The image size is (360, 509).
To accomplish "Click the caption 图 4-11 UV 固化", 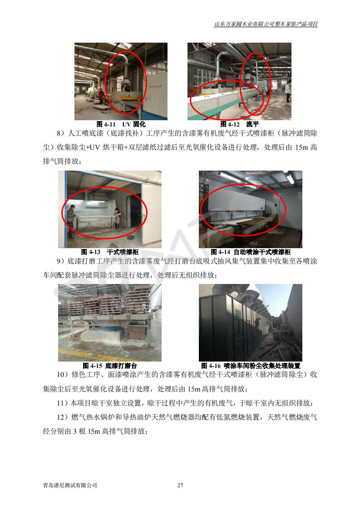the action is pyautogui.click(x=121, y=124).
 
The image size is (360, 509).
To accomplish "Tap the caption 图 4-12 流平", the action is pyautogui.click(x=239, y=124).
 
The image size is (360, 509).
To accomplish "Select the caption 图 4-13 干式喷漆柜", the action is pyautogui.click(x=110, y=252).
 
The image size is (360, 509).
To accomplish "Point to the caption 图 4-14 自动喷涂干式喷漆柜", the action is pyautogui.click(x=251, y=252).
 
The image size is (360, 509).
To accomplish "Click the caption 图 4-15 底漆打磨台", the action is pyautogui.click(x=110, y=366).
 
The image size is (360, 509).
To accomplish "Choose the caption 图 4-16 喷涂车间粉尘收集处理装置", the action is pyautogui.click(x=251, y=366).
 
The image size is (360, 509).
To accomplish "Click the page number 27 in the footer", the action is pyautogui.click(x=180, y=485).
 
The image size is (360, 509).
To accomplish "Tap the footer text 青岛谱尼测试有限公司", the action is pyautogui.click(x=70, y=485).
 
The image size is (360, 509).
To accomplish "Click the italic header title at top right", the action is pyautogui.click(x=266, y=24).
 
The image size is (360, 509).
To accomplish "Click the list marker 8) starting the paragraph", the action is pyautogui.click(x=61, y=133).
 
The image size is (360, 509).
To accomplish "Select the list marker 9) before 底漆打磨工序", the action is pyautogui.click(x=61, y=261).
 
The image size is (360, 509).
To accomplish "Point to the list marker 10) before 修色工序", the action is pyautogui.click(x=62, y=375).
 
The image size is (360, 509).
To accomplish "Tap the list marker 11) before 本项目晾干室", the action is pyautogui.click(x=62, y=403).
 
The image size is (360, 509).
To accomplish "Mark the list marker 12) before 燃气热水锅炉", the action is pyautogui.click(x=62, y=417).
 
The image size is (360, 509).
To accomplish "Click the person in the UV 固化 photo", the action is pyautogui.click(x=101, y=97).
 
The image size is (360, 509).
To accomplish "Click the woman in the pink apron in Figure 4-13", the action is pyautogui.click(x=118, y=219).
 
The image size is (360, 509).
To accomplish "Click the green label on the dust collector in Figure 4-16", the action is pyautogui.click(x=238, y=313).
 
